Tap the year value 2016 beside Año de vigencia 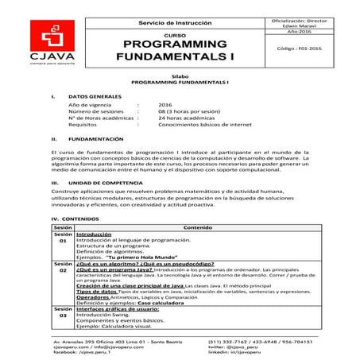click(x=165, y=104)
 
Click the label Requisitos click(x=83, y=124)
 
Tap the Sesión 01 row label click(x=63, y=240)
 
